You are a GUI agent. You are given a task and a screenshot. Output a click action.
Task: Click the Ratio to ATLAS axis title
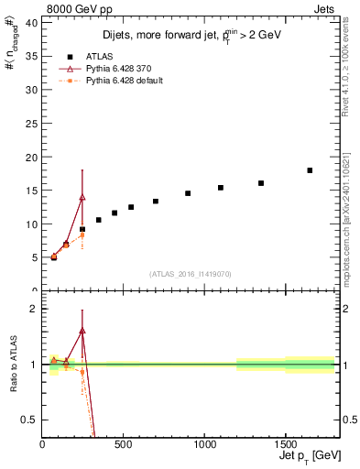click(14, 365)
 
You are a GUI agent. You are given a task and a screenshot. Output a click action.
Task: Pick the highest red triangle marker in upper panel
click(82, 197)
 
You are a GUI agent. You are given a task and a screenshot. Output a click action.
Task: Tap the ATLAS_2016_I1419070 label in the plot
click(191, 273)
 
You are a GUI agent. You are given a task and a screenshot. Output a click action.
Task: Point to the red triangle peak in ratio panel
click(82, 330)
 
